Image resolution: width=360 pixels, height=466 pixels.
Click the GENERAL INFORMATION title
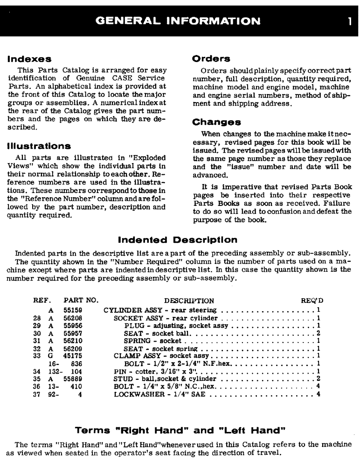pos(178,21)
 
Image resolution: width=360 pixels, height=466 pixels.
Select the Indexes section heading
pos(28,59)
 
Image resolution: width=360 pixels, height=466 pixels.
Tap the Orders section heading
pos(211,59)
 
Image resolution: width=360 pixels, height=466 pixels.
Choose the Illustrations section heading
pos(39,146)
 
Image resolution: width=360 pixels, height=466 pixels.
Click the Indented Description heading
pos(177,240)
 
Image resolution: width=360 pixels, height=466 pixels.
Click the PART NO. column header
pos(81,301)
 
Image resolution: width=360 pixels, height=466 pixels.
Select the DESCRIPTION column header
pos(189,301)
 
